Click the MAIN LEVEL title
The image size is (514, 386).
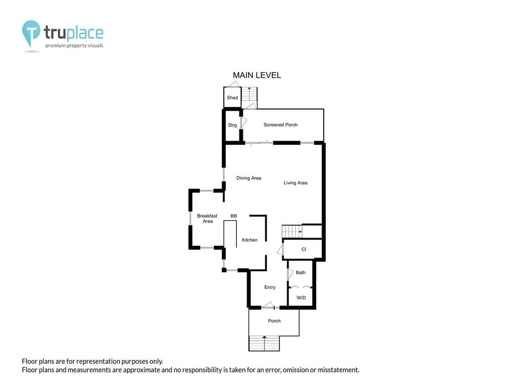coord(256,75)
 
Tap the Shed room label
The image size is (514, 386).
coord(232,98)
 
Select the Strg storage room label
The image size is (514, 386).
coord(232,125)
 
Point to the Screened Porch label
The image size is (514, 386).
coord(281,125)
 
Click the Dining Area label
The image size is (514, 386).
coord(249,178)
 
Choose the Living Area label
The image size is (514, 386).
coord(295,183)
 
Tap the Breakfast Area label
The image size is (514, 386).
coord(207,219)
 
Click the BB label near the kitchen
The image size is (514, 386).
coord(233,216)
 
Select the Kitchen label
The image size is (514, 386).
coord(250,240)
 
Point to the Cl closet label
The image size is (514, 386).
coord(304,249)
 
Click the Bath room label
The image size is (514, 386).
coord(301,272)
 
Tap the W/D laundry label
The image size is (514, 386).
coord(301,298)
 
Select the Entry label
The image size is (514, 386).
coord(270,287)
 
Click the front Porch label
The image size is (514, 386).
coord(275,321)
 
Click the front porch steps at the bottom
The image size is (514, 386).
coord(264,343)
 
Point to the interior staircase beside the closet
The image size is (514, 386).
coord(292,231)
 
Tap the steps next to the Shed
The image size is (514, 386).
coord(249,94)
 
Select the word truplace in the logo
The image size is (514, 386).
coord(73,33)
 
